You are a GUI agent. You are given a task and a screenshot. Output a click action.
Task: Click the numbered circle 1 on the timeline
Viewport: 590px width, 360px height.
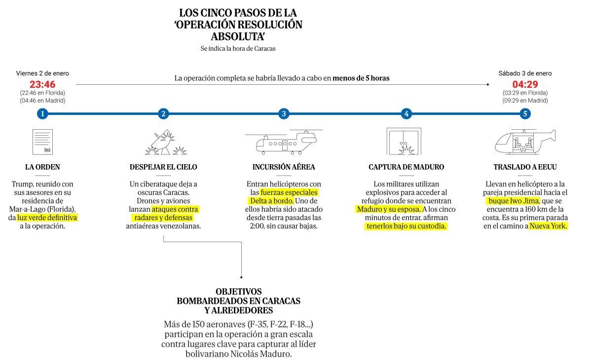42,114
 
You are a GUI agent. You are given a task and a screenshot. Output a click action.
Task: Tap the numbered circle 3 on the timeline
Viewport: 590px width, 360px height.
283,114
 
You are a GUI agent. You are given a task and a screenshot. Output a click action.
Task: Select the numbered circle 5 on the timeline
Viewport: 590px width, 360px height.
525,114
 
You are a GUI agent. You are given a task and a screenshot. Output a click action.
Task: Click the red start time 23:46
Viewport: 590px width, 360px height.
42,84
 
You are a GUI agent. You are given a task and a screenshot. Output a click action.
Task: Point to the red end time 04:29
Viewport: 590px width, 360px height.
525,84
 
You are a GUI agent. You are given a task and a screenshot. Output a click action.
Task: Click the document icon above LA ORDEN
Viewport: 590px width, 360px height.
42,142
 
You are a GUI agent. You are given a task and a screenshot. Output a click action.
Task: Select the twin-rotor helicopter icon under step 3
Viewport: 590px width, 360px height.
283,142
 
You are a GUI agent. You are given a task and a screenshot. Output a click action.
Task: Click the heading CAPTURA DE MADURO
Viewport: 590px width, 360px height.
406,167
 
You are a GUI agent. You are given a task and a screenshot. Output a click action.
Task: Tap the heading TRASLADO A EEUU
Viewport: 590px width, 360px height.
526,167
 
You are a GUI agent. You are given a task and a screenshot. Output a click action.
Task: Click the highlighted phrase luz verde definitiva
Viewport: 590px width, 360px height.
47,217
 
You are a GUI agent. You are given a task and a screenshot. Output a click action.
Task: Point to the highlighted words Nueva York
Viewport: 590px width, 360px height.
549,226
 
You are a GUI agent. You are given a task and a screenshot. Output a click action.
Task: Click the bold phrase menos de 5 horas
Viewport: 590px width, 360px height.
361,78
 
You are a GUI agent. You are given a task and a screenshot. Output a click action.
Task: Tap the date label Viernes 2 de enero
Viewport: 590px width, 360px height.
42,73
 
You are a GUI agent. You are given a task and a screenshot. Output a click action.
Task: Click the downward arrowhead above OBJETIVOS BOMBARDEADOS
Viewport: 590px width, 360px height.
242,278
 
